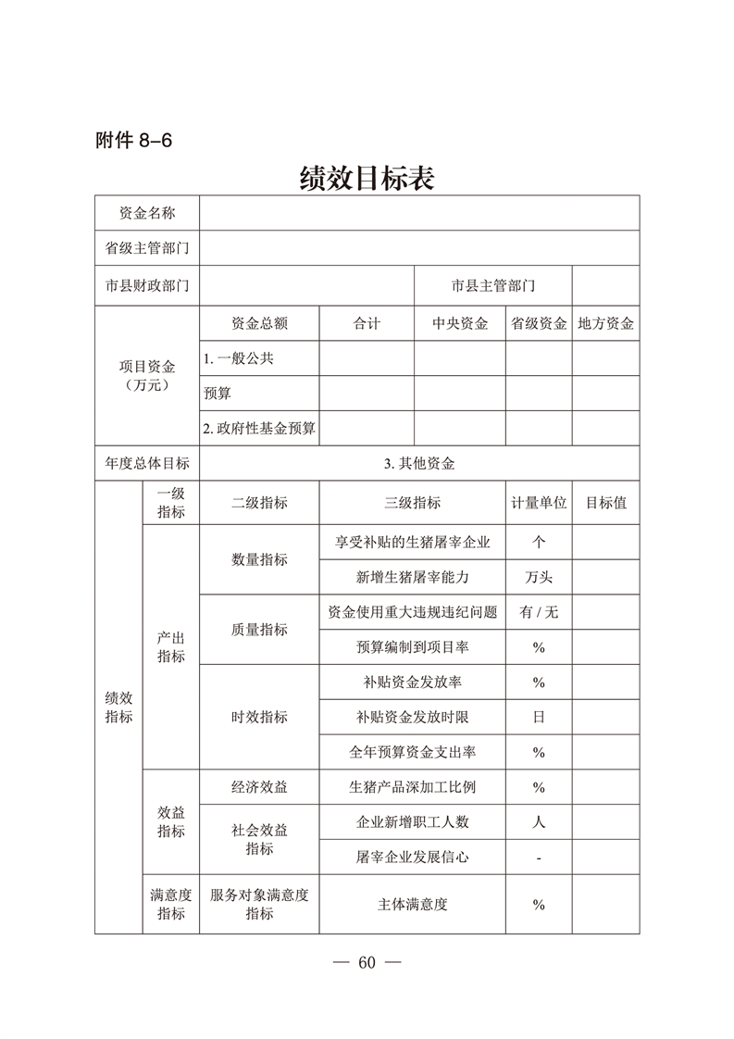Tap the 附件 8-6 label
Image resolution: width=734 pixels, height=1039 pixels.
pos(134,141)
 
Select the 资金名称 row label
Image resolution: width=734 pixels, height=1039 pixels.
pos(147,213)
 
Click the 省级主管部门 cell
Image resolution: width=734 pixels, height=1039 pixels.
pos(147,248)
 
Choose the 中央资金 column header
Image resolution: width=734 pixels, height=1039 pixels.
pos(460,323)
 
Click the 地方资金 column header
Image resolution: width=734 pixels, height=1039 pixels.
pos(605,323)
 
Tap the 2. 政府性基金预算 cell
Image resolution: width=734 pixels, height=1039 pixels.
pos(259,428)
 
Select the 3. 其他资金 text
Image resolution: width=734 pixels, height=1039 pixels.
pos(419,464)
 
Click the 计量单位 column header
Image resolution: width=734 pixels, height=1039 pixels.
pos(539,503)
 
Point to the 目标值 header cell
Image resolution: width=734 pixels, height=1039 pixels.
pos(605,503)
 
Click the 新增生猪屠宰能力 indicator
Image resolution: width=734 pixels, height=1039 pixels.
pos(413,577)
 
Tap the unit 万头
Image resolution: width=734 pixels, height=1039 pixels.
pos(539,577)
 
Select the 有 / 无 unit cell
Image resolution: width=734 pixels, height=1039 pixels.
pos(539,612)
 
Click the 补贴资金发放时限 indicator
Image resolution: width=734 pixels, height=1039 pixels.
pos(413,717)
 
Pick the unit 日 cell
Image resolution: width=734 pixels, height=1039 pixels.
pos(539,717)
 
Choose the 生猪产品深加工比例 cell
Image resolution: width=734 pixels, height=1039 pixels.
pos(413,787)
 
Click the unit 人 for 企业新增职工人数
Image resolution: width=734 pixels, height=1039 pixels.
pos(539,821)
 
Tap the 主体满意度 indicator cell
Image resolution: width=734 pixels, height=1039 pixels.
pos(413,904)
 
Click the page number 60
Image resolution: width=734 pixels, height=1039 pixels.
pos(367,962)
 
